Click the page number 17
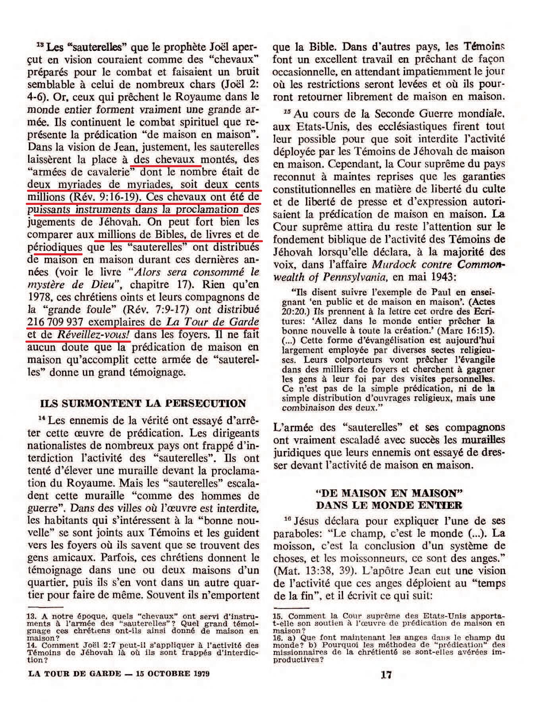point(386,675)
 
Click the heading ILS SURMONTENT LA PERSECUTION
point(143,404)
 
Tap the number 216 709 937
point(56,322)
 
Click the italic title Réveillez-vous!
point(94,335)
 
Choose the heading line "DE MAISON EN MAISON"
point(389,493)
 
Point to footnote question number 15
point(277,616)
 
